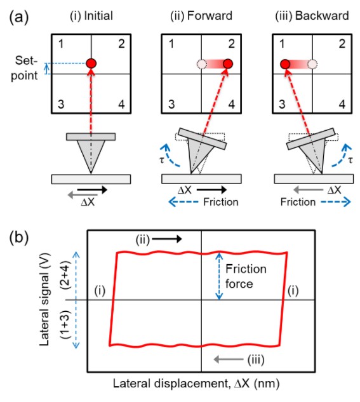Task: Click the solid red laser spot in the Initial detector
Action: click(x=91, y=64)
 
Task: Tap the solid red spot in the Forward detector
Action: click(x=228, y=64)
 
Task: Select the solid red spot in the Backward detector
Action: click(x=285, y=64)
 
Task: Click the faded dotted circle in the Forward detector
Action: click(x=202, y=64)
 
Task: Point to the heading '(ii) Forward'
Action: click(x=201, y=16)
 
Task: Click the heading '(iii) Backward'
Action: click(x=312, y=16)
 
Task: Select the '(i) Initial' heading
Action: click(x=91, y=16)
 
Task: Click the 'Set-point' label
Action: click(x=25, y=68)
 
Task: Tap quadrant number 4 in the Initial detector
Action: click(x=121, y=105)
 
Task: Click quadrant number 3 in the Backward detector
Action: click(x=282, y=104)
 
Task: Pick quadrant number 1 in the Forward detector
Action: click(x=171, y=44)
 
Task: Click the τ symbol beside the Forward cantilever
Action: click(x=162, y=160)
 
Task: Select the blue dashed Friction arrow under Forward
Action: click(x=183, y=202)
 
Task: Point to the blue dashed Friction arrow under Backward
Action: click(x=336, y=202)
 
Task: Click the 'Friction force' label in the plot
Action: click(x=246, y=276)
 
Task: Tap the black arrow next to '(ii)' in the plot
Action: click(x=167, y=239)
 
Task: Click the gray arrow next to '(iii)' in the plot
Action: click(x=229, y=359)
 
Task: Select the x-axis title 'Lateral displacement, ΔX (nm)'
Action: click(x=196, y=384)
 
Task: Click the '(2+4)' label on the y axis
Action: click(x=65, y=275)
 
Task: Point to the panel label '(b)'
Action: click(x=18, y=238)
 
